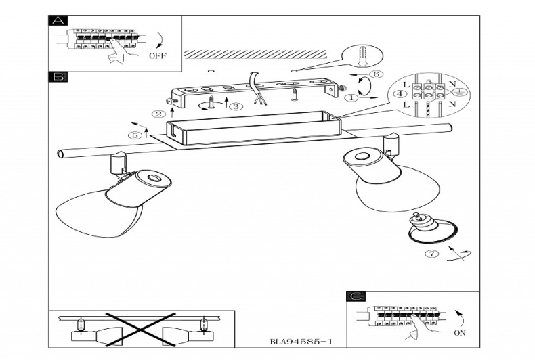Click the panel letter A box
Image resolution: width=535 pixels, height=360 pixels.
[59, 21]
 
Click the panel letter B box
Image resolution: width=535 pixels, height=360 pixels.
[59, 77]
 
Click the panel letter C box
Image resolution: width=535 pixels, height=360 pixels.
[356, 296]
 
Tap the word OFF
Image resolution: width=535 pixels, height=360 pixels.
[157, 55]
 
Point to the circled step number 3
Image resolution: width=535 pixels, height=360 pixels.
[235, 106]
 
